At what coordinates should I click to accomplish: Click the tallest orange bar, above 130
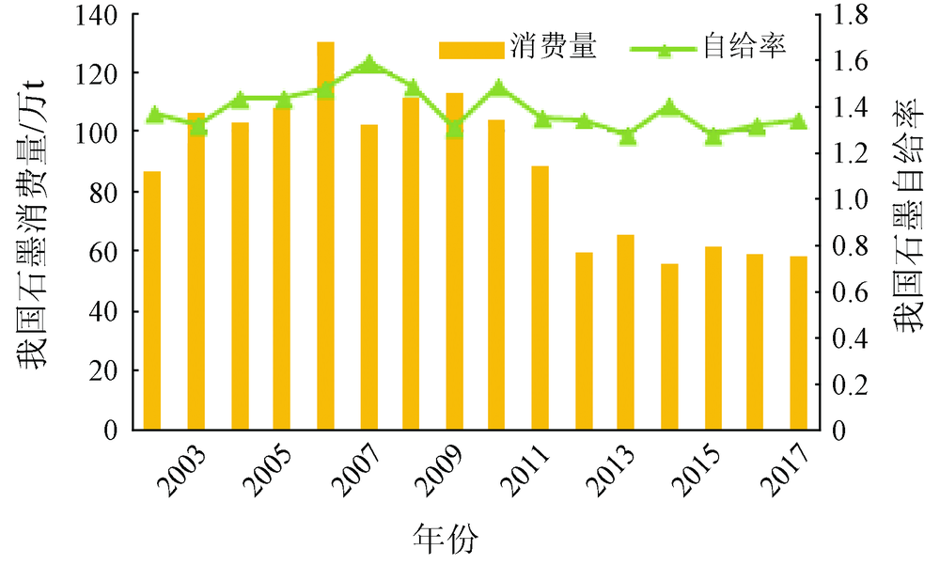click(325, 235)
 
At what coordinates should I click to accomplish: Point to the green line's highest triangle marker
click(368, 65)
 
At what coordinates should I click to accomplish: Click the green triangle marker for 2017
click(798, 120)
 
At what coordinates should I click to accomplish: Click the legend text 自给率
click(744, 46)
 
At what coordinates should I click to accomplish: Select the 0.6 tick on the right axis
click(855, 291)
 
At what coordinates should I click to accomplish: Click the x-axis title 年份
click(446, 540)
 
